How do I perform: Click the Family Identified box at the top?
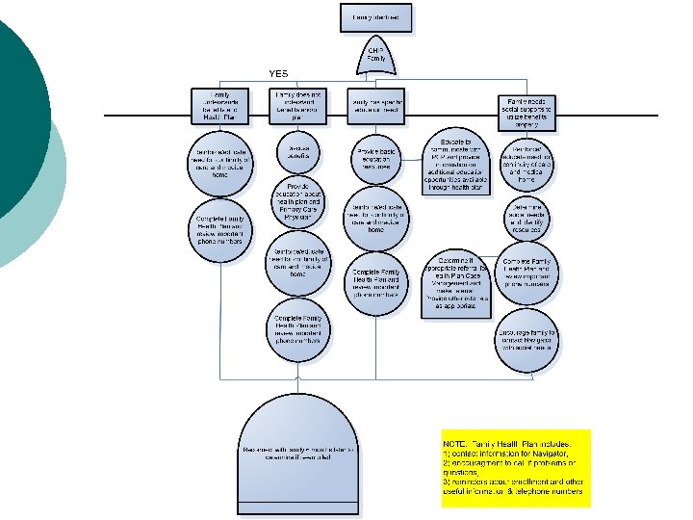coord(376,17)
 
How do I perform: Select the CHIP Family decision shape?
coord(376,55)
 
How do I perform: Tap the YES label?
coord(278,73)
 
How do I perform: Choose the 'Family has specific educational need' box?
coord(375,107)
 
